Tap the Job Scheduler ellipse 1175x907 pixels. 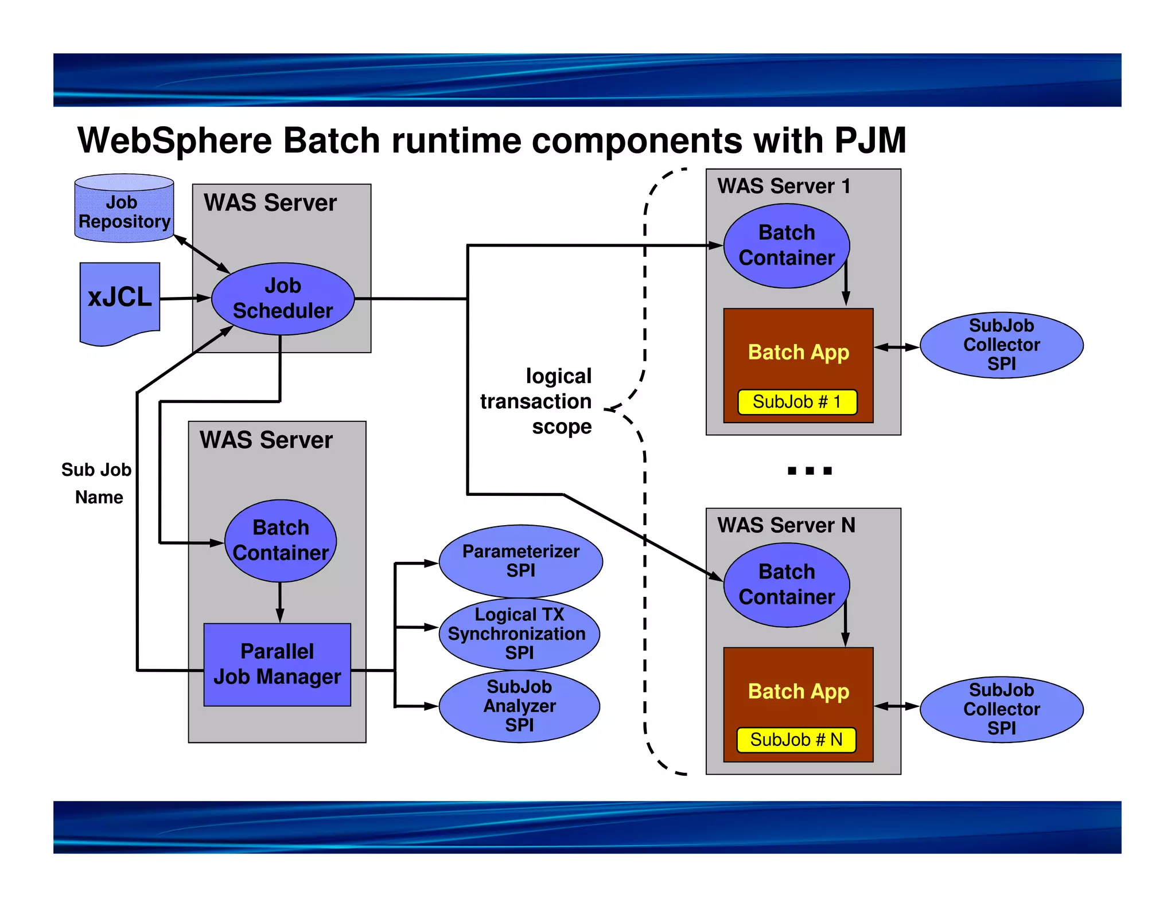283,299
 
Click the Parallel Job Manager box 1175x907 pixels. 277,664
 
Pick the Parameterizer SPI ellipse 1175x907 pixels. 520,561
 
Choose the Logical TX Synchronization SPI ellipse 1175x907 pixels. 519,634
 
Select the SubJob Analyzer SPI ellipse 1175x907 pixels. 519,706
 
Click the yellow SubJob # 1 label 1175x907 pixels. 797,402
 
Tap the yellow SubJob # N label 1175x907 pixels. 796,740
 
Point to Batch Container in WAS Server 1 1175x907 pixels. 786,245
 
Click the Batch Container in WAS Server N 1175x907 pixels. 786,584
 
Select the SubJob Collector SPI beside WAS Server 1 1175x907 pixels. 1001,345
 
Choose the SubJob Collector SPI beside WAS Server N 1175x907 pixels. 1001,709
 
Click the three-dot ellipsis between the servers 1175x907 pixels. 809,471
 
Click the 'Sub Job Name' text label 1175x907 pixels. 98,483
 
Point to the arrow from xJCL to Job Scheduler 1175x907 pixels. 185,298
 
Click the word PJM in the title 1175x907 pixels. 870,141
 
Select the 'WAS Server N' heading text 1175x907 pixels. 785,525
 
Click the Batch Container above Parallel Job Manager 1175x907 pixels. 281,541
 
